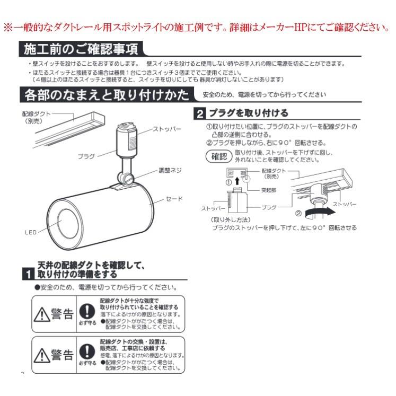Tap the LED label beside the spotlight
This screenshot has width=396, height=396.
(x=30, y=232)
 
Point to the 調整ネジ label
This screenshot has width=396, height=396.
(x=170, y=171)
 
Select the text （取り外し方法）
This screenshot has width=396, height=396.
(x=231, y=219)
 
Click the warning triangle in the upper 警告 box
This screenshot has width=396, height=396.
(x=42, y=314)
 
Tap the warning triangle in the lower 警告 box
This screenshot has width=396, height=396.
(x=42, y=354)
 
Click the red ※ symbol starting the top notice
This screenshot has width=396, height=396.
(x=7, y=27)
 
